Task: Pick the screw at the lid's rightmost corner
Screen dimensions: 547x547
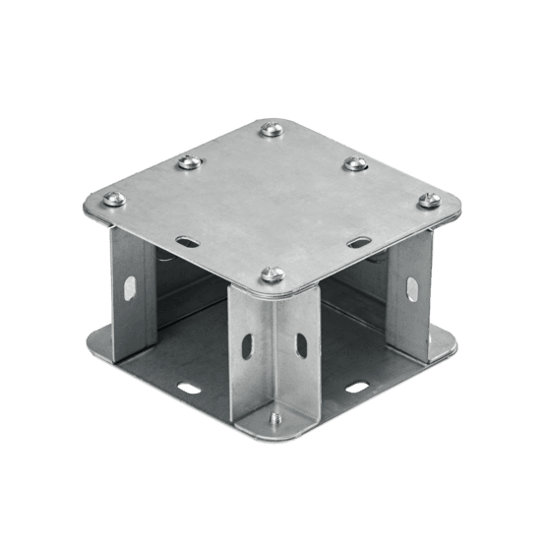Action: pyautogui.click(x=428, y=201)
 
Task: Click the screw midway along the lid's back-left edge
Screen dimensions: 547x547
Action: pyautogui.click(x=185, y=163)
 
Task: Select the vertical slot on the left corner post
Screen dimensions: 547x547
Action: pyautogui.click(x=130, y=286)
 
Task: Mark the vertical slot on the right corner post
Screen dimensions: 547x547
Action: pyautogui.click(x=407, y=285)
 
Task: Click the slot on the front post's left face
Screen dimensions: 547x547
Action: pyautogui.click(x=245, y=348)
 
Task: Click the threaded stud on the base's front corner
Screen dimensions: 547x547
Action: pyautogui.click(x=275, y=418)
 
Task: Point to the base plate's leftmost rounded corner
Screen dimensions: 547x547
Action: pyautogui.click(x=91, y=344)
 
